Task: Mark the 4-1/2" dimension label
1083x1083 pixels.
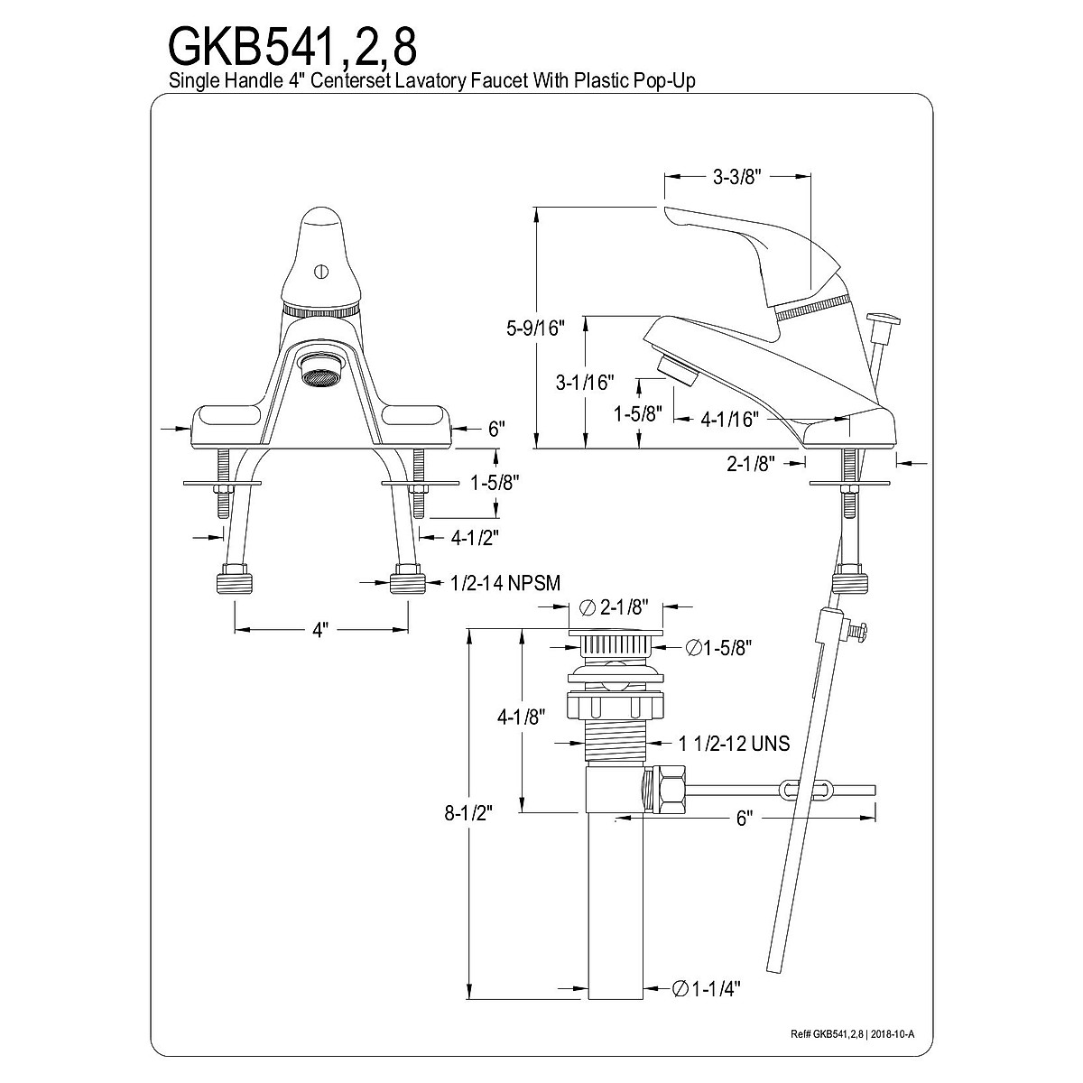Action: (x=475, y=537)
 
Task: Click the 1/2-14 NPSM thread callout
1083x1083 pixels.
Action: (x=505, y=584)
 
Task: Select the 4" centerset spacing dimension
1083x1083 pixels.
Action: (x=319, y=629)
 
